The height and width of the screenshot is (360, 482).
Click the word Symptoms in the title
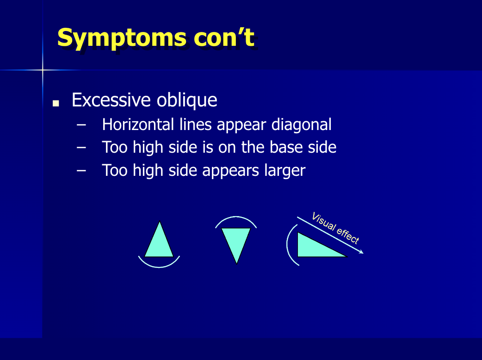click(122, 39)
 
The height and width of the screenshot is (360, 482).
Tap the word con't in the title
click(224, 37)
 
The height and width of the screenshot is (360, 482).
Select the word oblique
click(187, 100)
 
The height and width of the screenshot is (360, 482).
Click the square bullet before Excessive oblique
click(56, 103)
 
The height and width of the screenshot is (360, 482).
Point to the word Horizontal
click(137, 124)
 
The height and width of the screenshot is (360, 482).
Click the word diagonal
click(301, 124)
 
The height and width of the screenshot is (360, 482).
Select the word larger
click(284, 171)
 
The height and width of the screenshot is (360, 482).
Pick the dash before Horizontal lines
click(81, 125)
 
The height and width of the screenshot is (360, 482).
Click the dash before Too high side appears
click(81, 170)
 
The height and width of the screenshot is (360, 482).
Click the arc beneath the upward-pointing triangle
click(159, 267)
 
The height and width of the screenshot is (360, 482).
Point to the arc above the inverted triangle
click(236, 217)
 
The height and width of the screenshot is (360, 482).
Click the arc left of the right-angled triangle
click(287, 244)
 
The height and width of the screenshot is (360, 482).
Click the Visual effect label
click(335, 228)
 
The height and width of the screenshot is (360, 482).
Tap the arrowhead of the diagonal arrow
click(362, 252)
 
